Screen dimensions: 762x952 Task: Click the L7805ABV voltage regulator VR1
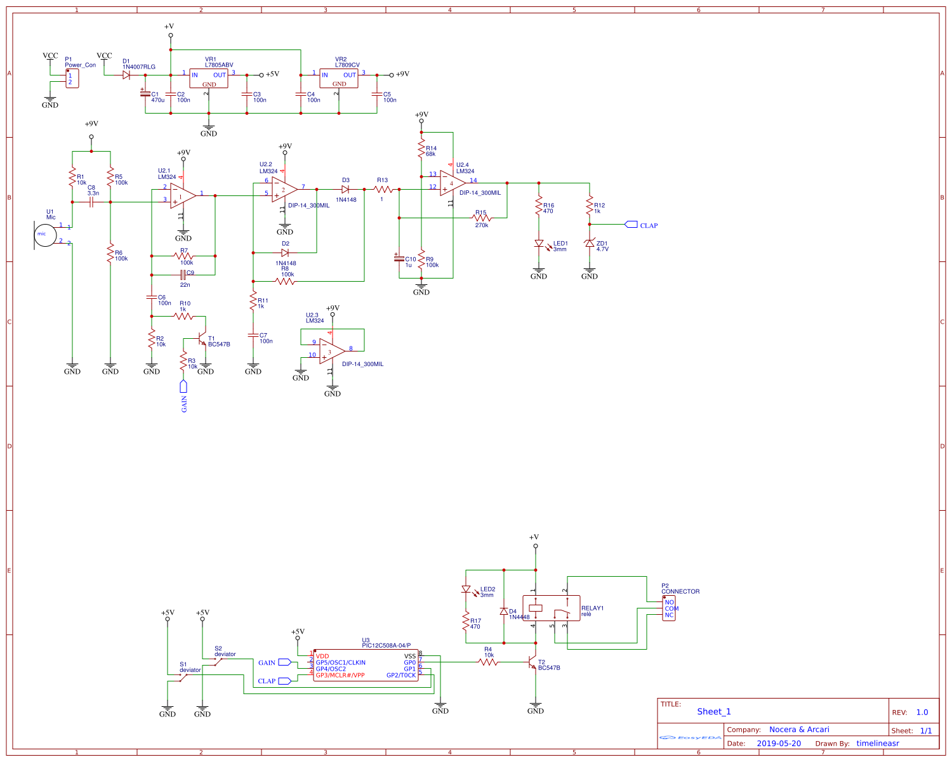209,79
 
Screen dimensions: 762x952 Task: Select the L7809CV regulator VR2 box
339,79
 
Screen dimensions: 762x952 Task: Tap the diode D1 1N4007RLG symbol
126,75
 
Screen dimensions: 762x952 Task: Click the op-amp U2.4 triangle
453,183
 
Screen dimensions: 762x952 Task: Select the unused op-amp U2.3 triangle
332,350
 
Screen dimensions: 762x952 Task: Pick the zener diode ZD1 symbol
590,244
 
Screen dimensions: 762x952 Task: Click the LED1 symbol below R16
539,244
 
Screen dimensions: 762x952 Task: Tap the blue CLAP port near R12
631,225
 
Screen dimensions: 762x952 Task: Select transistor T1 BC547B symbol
202,339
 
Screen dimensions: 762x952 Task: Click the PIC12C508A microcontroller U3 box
366,665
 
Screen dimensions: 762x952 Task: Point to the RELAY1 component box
551,608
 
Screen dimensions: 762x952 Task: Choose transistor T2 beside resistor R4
533,662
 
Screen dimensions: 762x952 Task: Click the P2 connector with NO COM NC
669,608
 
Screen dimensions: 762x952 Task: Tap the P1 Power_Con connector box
72,78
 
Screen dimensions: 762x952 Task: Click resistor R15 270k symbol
482,218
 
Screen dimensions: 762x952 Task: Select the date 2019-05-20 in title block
779,743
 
